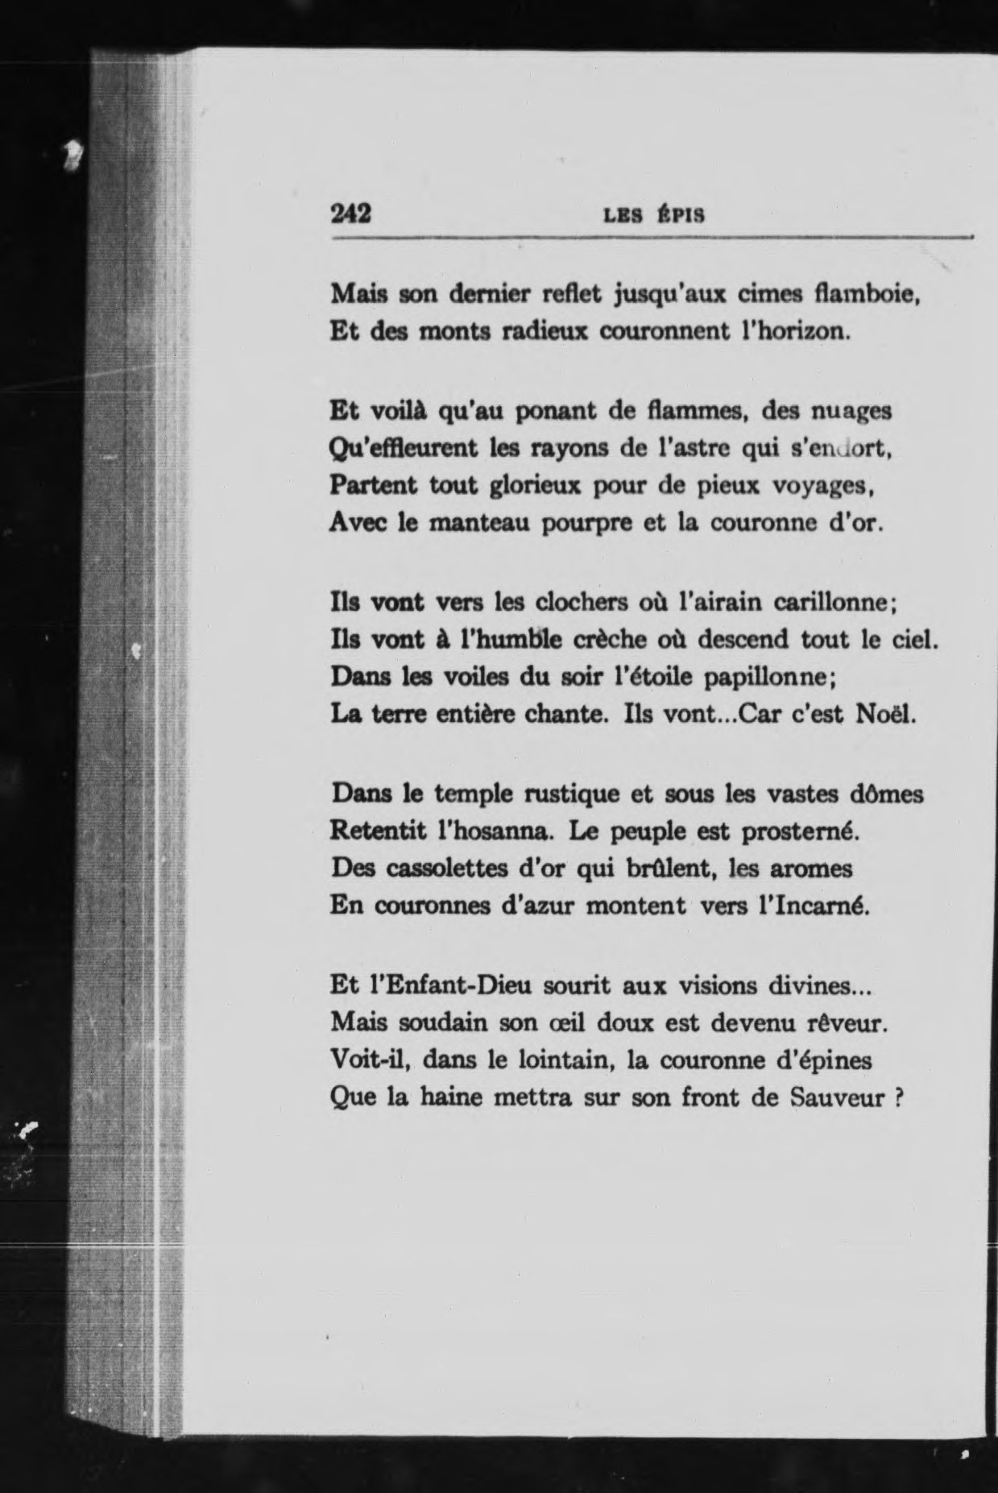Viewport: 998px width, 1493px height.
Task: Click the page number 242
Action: click(350, 214)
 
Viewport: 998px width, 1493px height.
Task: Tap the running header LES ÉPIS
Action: click(653, 216)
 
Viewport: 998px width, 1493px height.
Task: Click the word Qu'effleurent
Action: click(404, 449)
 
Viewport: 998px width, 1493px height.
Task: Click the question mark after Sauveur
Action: click(897, 1098)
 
